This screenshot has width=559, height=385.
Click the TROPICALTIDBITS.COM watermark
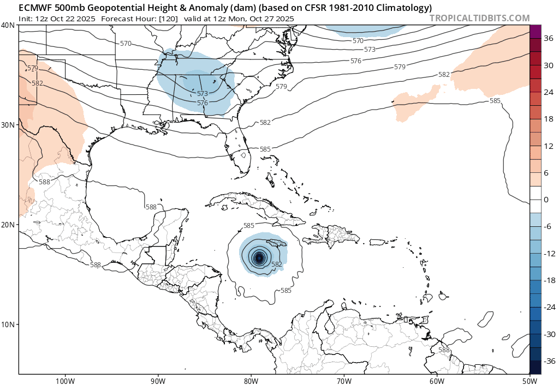(x=479, y=18)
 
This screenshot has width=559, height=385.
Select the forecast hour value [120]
(x=166, y=19)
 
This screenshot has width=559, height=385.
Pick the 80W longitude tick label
(x=251, y=380)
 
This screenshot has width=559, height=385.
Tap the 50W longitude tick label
(x=530, y=380)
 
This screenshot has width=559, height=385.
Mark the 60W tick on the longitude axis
(x=437, y=380)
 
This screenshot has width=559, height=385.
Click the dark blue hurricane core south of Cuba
(x=259, y=258)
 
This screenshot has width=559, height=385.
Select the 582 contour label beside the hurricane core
(x=277, y=264)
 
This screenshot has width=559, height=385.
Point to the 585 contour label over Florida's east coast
(x=265, y=149)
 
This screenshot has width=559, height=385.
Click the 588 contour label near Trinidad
(x=444, y=350)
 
